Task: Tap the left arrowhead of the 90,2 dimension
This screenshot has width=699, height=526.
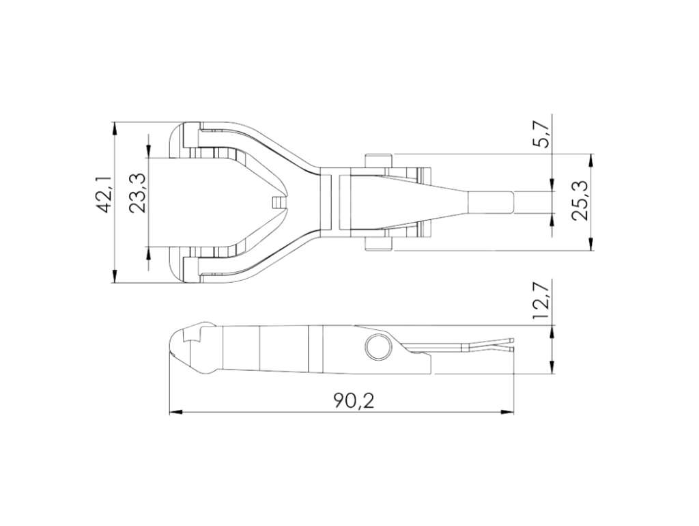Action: pyautogui.click(x=177, y=412)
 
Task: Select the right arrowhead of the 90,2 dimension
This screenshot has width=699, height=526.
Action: pyautogui.click(x=507, y=412)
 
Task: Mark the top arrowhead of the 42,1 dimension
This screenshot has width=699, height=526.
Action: pyautogui.click(x=115, y=128)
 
